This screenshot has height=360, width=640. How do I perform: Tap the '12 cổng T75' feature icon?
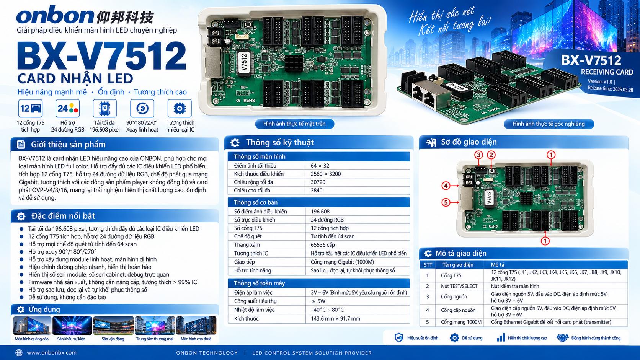pos(30,109)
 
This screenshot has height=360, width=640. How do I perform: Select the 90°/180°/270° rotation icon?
pos(142,109)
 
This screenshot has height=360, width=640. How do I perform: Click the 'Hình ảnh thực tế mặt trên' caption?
pos(294,124)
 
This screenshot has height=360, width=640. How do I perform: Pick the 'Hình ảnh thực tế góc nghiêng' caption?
pos(549,124)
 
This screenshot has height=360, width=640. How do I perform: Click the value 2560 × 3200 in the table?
pos(326,174)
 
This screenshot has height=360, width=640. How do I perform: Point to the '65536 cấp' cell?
pos(323,245)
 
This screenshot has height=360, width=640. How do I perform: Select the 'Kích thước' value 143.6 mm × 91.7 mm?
pos(335,319)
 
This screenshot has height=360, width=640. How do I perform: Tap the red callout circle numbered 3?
pos(478,155)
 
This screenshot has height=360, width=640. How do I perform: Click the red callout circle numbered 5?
pos(446,202)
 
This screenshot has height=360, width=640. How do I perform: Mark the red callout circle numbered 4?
pos(446,186)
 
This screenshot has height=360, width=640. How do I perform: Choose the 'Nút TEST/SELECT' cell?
pos(459,286)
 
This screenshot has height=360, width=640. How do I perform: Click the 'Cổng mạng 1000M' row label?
pos(461,322)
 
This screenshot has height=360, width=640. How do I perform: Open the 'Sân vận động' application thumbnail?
pos(113,326)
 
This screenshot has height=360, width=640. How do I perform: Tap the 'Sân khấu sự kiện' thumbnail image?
pos(72,326)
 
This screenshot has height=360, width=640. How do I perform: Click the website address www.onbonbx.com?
pos(52,353)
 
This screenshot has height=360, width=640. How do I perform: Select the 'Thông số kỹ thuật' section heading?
pos(280,142)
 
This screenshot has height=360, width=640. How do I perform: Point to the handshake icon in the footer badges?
pos(562,338)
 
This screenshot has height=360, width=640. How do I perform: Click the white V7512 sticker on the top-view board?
pos(244,64)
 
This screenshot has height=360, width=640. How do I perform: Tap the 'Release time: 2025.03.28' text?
pos(610,89)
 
